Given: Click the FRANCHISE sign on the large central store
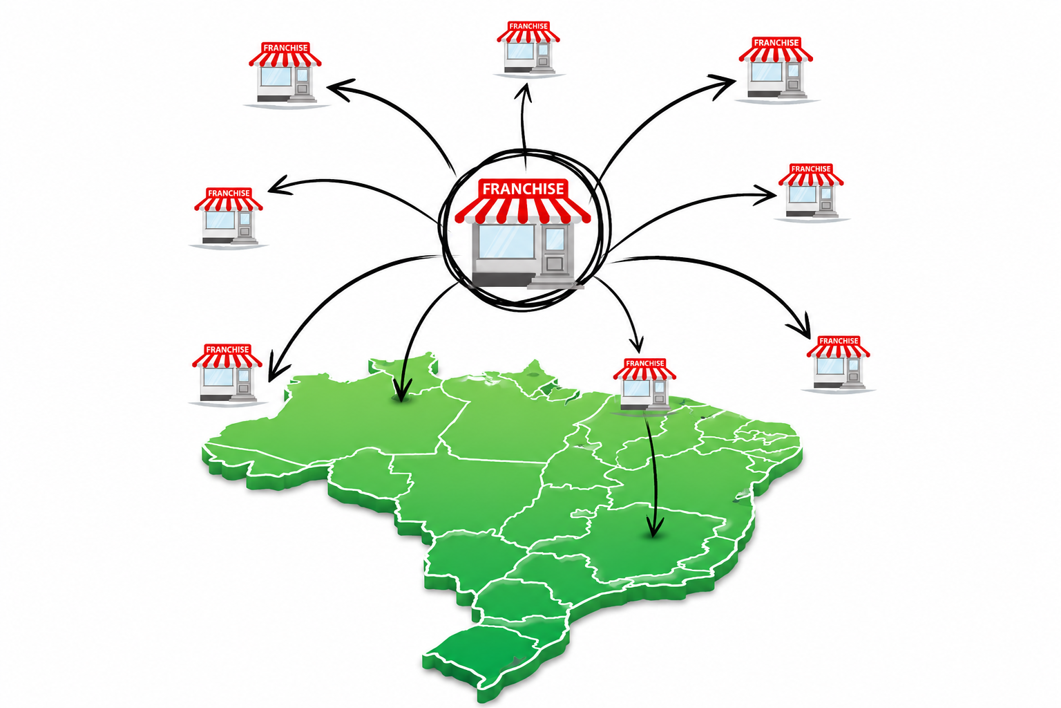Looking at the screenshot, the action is pos(523,188).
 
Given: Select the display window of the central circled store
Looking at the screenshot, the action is pos(506,242).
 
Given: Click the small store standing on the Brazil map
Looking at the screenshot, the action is pos(644,384).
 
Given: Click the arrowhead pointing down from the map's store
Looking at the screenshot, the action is pos(655,526).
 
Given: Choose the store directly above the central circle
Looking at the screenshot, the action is pos(528,48).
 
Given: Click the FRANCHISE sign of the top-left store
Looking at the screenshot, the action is pos(285,48).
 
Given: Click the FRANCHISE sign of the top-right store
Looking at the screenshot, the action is pos(776,43).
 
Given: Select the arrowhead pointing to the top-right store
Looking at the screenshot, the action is pos(723,85).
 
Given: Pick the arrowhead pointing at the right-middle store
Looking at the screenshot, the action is pos(765,194).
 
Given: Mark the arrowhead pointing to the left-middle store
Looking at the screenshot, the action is pos(280,185).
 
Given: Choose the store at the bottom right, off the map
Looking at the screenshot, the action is pos(839,363).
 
